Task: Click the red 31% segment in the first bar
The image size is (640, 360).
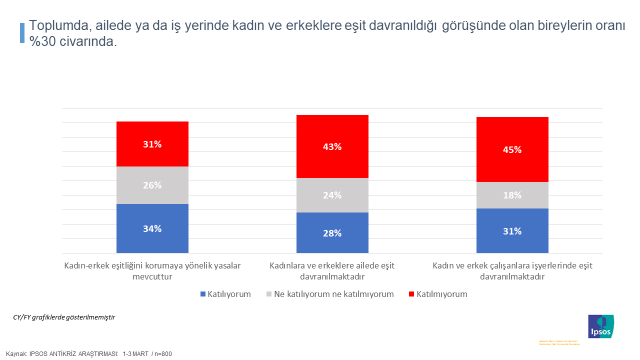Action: pos(152,144)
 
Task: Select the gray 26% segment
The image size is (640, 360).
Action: pos(152,185)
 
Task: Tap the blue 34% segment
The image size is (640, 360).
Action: pos(152,228)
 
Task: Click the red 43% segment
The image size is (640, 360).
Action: pos(333,146)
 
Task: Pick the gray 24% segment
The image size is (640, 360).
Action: pos(333,195)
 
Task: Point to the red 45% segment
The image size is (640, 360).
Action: pos(513,150)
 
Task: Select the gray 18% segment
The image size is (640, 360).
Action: pos(513,195)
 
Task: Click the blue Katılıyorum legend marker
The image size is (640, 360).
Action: pos(204,294)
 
